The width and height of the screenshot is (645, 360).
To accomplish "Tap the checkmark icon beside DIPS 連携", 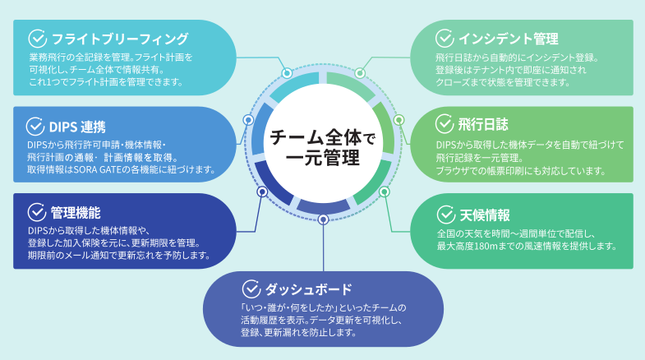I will [36, 127].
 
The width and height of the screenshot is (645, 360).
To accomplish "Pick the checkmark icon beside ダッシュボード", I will [251, 288].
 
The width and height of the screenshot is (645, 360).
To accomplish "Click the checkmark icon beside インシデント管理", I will [445, 38].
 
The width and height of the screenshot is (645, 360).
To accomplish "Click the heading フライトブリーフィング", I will [120, 39].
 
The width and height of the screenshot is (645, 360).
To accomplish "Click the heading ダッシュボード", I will [308, 289].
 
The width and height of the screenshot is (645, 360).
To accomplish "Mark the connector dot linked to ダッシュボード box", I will [323, 219].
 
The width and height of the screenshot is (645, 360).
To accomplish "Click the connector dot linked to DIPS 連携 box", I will [248, 120].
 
